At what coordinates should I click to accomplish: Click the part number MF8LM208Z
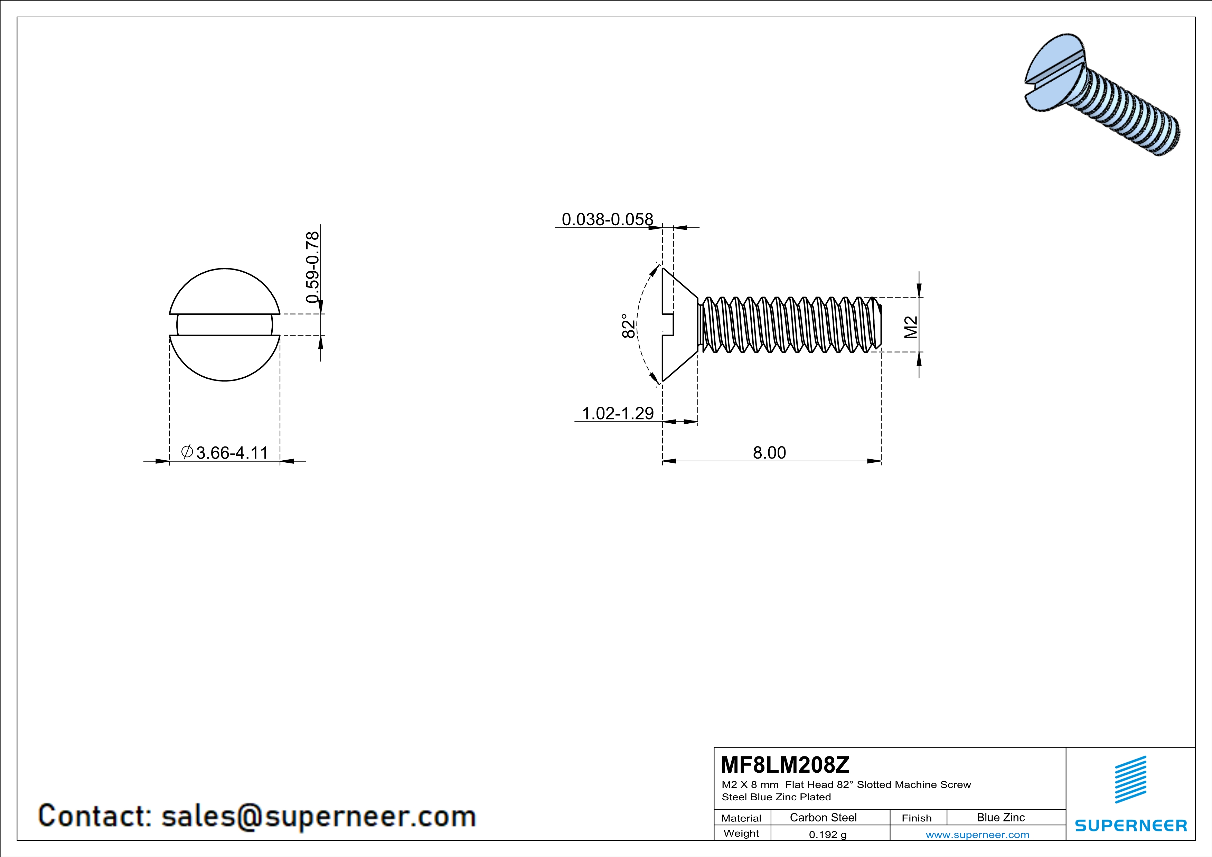tap(785, 764)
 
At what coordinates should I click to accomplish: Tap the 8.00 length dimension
tap(769, 453)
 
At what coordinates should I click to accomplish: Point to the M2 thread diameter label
tap(911, 327)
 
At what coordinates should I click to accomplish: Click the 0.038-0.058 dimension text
tap(607, 219)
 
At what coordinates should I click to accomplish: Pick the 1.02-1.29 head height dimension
tap(618, 413)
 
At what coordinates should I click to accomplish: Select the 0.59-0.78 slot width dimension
tap(312, 267)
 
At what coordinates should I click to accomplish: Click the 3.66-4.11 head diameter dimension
tap(231, 453)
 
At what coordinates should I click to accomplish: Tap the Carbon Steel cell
tap(823, 817)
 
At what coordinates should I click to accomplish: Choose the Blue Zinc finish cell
tap(1000, 817)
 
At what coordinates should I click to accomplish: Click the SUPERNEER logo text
tap(1131, 825)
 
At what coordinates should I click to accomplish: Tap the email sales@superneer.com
tap(318, 816)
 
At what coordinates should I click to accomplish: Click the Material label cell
tap(741, 818)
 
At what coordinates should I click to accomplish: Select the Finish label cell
tap(917, 818)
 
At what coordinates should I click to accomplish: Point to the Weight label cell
tap(741, 833)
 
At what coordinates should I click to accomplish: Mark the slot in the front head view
tap(225, 324)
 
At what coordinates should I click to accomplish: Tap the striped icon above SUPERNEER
tap(1130, 780)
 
